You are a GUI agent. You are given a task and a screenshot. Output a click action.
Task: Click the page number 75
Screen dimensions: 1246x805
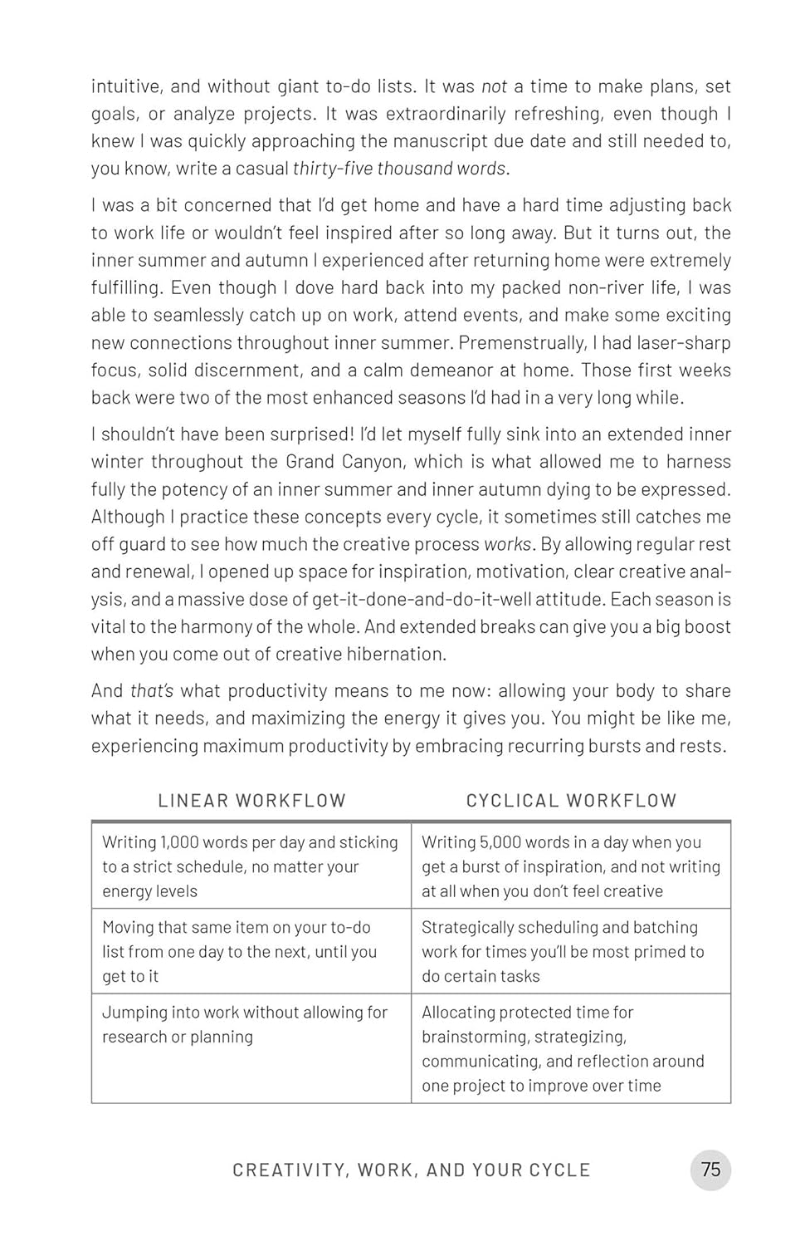click(x=710, y=1170)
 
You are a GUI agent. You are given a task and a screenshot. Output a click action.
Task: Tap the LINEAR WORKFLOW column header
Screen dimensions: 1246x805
click(x=251, y=801)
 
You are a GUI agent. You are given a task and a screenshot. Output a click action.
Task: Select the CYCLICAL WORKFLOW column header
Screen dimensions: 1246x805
click(x=571, y=801)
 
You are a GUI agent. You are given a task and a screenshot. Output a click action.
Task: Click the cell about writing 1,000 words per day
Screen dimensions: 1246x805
click(x=251, y=866)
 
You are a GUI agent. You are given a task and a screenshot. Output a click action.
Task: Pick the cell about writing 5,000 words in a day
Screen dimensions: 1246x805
click(x=571, y=866)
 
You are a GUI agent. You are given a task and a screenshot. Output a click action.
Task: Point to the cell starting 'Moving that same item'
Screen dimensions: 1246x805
click(x=251, y=951)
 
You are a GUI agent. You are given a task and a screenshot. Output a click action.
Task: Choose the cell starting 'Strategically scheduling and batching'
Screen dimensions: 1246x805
click(x=571, y=951)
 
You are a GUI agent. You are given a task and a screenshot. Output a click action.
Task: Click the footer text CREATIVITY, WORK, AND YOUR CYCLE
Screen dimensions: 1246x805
click(x=411, y=1170)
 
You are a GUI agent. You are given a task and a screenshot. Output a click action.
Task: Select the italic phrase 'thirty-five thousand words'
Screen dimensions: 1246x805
click(x=399, y=169)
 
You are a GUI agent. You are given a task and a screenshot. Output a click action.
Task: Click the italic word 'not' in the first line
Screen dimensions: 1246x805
click(x=494, y=86)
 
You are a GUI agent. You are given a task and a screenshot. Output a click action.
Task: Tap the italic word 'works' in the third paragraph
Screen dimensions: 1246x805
click(x=508, y=544)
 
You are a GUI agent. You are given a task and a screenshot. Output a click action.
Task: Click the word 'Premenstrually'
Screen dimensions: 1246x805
click(x=522, y=343)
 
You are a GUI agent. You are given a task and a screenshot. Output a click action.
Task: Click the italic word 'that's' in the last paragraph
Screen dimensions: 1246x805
click(x=152, y=691)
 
